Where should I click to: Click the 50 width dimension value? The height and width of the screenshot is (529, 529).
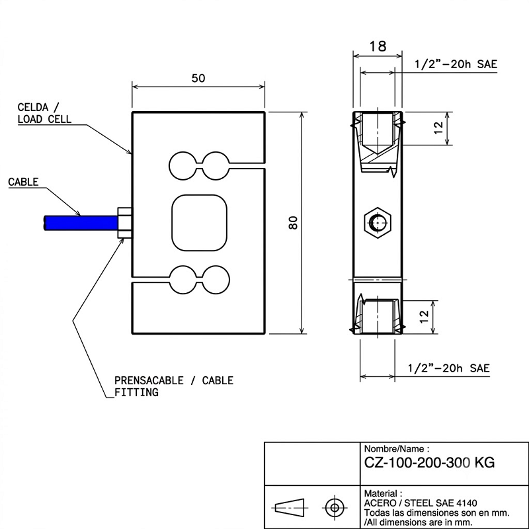tap(198, 78)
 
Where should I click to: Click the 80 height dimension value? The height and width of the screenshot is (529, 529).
tap(294, 223)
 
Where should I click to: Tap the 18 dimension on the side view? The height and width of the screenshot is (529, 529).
tap(378, 46)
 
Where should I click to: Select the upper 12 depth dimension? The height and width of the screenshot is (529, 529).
tap(438, 128)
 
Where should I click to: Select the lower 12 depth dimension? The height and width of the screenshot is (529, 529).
tap(424, 317)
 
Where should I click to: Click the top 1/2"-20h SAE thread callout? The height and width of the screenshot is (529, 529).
tap(456, 64)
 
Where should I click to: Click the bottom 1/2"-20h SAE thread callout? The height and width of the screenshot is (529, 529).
tap(448, 368)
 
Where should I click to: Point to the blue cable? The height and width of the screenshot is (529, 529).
tap(81, 223)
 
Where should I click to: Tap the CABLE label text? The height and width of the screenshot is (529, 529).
tap(23, 182)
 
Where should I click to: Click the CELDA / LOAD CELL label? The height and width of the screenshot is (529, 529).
tap(44, 113)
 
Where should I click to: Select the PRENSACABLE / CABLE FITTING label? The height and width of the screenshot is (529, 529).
tap(174, 386)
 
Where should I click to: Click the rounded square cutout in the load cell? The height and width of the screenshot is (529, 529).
tap(200, 223)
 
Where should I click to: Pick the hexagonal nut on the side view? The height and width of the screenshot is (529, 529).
tap(378, 223)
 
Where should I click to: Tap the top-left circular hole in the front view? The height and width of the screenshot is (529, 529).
tap(183, 166)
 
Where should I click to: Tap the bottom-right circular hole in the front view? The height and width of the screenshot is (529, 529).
tap(216, 280)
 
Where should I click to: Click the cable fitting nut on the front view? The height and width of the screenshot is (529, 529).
tap(124, 223)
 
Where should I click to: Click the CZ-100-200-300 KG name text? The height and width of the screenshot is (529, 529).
tap(429, 462)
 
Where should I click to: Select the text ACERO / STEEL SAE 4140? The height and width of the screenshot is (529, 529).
tap(421, 503)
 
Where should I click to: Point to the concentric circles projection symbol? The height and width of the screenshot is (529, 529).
tap(335, 507)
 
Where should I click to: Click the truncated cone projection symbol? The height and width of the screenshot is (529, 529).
tap(290, 507)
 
